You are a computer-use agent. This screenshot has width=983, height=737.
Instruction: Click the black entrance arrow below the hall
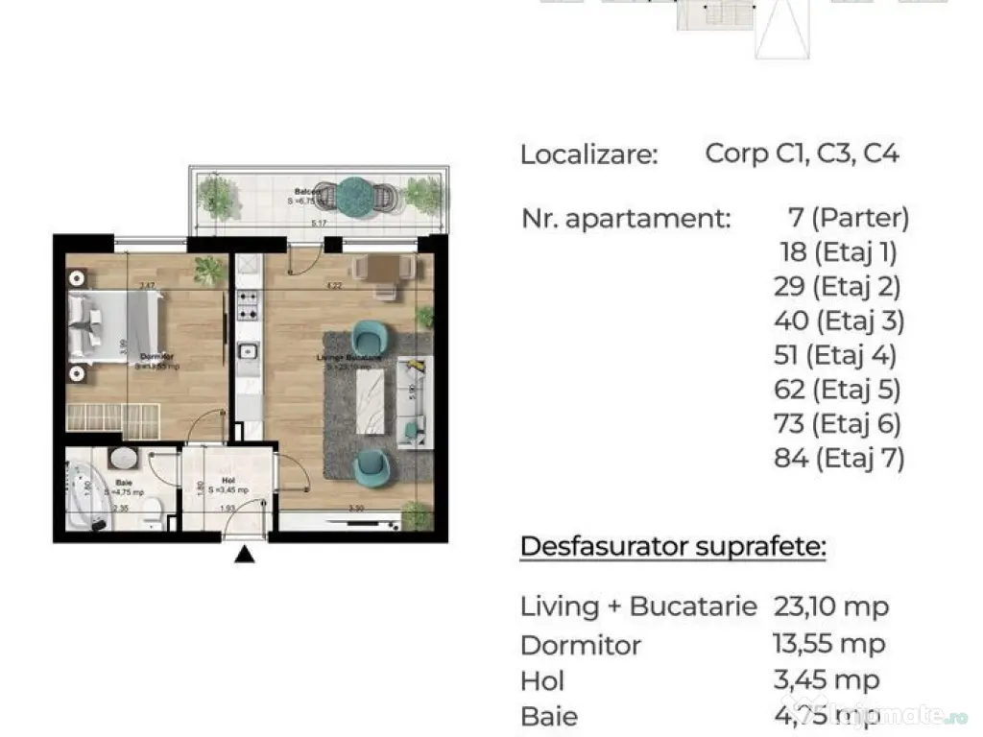246,554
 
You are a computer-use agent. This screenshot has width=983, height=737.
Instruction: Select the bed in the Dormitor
113,327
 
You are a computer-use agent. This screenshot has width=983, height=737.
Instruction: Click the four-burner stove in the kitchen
247,305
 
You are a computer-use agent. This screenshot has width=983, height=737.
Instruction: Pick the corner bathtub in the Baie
88,497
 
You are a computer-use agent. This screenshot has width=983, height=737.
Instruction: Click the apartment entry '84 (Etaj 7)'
839,458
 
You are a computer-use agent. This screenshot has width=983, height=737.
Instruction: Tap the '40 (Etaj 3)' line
839,321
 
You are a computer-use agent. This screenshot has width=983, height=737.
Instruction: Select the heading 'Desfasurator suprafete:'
672,547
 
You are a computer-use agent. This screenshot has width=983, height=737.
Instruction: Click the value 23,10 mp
830,606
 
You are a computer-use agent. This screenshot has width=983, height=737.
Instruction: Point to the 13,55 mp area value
828,644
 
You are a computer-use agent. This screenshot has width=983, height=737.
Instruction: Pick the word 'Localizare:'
589,155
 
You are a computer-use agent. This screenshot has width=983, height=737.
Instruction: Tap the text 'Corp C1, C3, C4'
802,154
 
